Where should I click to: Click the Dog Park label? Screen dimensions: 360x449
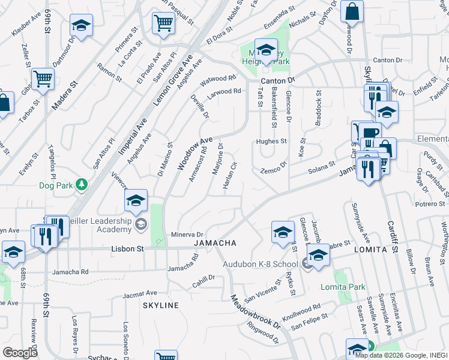(x=56, y=185)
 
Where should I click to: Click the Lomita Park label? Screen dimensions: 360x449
(x=343, y=287)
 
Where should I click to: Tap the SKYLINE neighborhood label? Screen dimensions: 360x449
(x=161, y=305)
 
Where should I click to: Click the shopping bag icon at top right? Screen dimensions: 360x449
(x=352, y=10)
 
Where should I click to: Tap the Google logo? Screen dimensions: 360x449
(x=20, y=352)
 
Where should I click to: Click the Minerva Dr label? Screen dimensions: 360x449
(x=188, y=235)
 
